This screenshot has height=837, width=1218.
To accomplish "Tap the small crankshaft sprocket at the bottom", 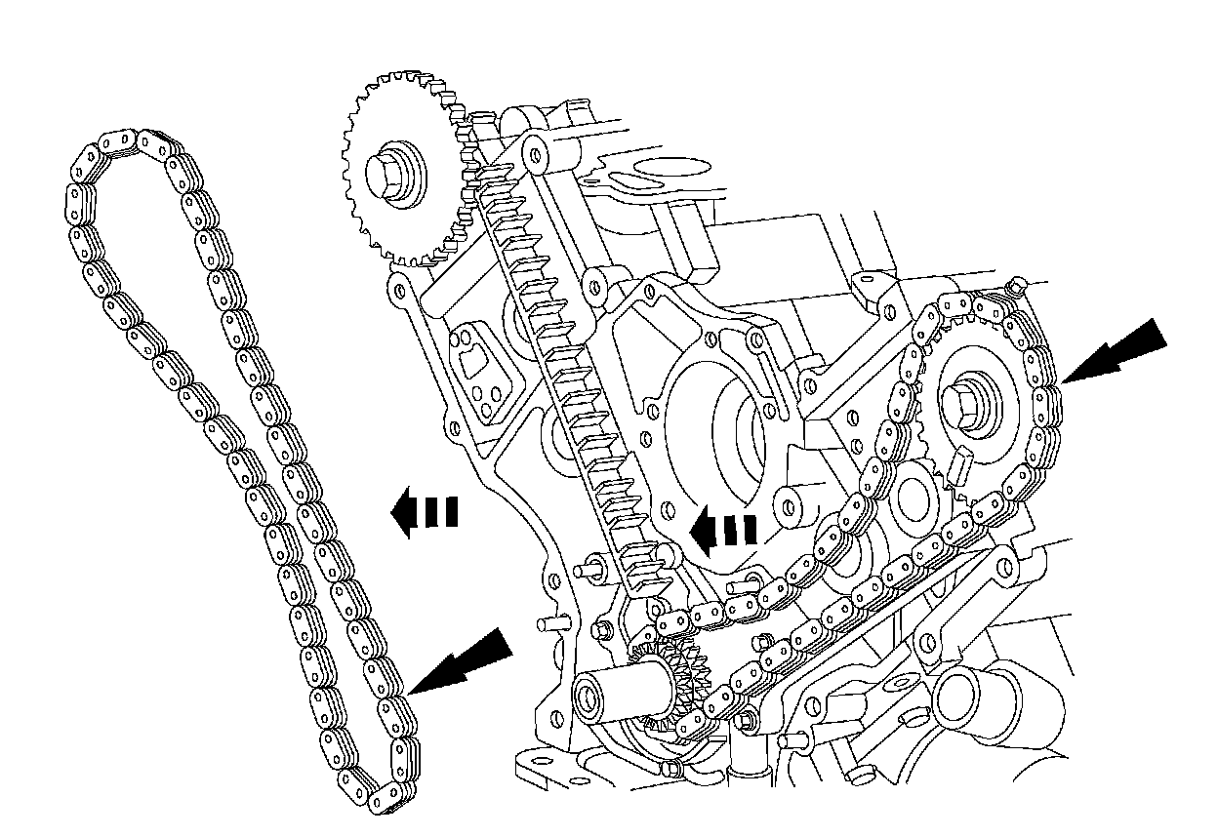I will (x=673, y=683).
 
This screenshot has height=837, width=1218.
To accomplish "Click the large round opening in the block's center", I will (x=727, y=429).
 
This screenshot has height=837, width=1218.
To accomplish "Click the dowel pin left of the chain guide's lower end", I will (x=589, y=567).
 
